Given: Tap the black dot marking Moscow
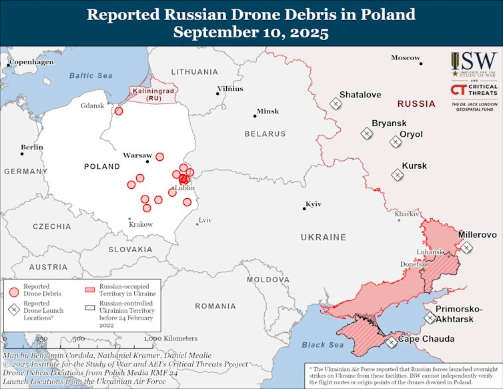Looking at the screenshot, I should coord(421,63).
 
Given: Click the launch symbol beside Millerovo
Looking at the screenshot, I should coord(466,247).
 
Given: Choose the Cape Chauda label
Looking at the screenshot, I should coord(426,339).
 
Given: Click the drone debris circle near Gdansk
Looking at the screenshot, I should coord(119,111).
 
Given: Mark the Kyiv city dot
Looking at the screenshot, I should coord(304,210).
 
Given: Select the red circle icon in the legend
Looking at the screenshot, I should coord(14,291).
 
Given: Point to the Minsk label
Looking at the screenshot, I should coord(268,111).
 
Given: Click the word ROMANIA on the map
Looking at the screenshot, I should coord(215,306).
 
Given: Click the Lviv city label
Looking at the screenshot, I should coord(204,220).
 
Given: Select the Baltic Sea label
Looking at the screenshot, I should coord(91,75).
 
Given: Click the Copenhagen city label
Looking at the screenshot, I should coord(31,61).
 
